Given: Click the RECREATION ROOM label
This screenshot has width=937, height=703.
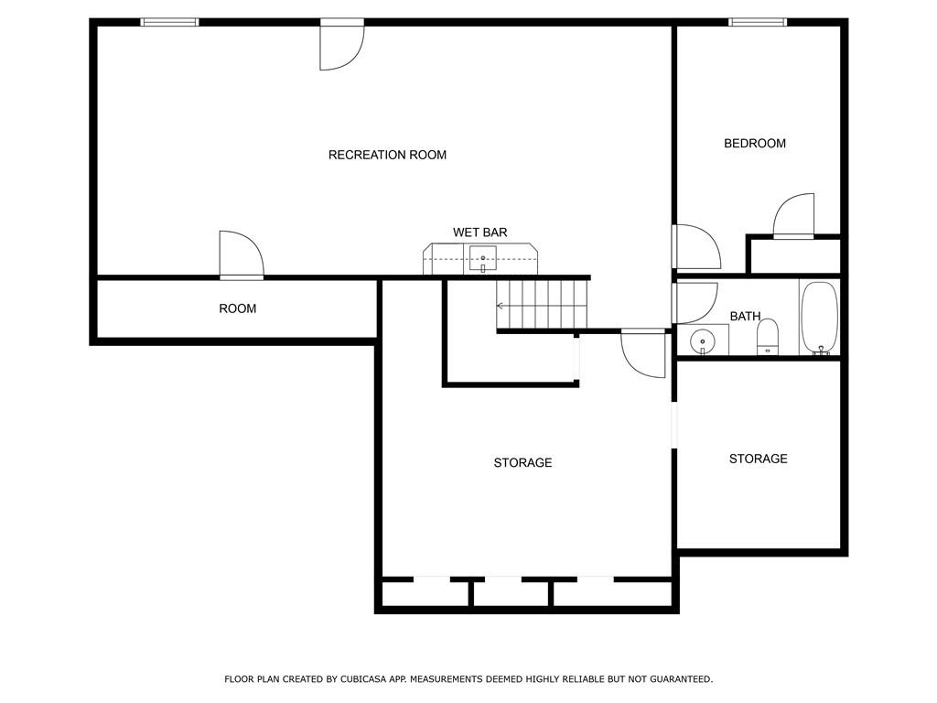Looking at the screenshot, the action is tap(387, 155).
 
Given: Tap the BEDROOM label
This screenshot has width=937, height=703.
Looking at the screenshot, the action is tap(755, 144).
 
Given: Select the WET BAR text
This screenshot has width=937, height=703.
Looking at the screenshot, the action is tap(479, 233).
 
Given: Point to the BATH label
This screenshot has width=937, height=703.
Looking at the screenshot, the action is tap(745, 316).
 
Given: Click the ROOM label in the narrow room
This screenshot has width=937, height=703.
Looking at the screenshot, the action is tap(237, 308).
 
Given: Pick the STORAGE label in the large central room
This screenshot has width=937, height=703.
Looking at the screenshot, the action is tap(522, 462).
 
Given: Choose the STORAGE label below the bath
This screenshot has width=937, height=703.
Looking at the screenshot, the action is tap(759, 459).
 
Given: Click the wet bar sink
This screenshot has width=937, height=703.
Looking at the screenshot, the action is tap(483, 259).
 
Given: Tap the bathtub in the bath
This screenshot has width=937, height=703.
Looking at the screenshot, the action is tap(819, 318).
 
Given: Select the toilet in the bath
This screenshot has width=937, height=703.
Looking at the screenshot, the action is tap(768, 337).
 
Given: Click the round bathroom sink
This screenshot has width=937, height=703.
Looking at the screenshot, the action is tap(702, 342).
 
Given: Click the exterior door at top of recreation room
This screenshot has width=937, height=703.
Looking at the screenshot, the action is tap(342, 45).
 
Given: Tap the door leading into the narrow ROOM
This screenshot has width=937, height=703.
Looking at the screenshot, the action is tap(242, 255).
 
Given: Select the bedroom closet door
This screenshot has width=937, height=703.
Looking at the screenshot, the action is tap(793, 216).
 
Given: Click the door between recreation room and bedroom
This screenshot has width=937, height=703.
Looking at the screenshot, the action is tap(696, 246).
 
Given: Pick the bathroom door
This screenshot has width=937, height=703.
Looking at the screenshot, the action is tap(695, 302).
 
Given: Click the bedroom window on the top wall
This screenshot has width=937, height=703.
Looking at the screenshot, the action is tap(758, 22).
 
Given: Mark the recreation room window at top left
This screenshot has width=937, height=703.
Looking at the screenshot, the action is tap(169, 22).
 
